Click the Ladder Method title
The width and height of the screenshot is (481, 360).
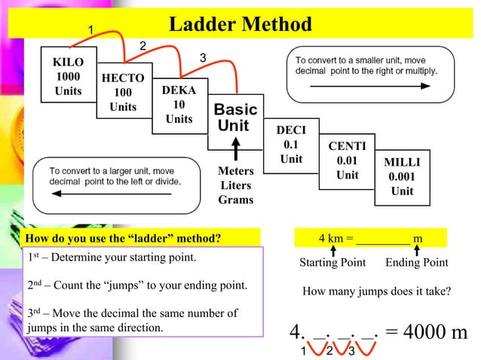[x=240, y=25]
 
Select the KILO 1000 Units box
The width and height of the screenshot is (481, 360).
[x=68, y=76]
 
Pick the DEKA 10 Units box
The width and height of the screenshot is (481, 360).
[x=179, y=105]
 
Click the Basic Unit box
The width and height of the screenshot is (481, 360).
[x=235, y=117]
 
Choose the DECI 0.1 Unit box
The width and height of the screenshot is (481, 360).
[x=291, y=144]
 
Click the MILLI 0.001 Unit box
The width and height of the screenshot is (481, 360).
[x=402, y=176]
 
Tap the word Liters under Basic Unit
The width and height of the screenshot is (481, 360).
[x=235, y=185]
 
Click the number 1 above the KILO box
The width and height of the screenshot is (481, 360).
[x=90, y=29]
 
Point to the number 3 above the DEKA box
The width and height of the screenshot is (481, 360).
[x=202, y=58]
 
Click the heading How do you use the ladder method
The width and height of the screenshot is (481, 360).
[x=124, y=239]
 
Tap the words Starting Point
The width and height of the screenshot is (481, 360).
[x=332, y=263]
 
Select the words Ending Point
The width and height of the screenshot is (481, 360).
[x=417, y=263]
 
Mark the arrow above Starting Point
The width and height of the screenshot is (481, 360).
[x=332, y=250]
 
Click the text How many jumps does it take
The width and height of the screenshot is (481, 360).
[x=376, y=291]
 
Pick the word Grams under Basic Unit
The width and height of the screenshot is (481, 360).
[x=235, y=200]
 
